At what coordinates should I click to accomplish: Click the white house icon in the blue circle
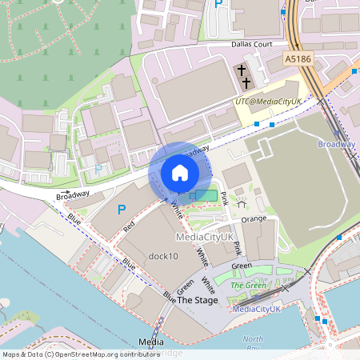coord(179,172)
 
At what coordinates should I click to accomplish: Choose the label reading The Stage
coord(197,299)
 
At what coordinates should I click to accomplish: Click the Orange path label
coord(254,218)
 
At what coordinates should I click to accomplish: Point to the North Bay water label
coord(253,342)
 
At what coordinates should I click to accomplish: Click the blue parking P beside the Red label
coord(122,210)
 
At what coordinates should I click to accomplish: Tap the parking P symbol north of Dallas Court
coord(218,5)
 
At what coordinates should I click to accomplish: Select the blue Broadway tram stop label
coord(336,144)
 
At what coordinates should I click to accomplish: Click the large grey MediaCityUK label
coord(204,238)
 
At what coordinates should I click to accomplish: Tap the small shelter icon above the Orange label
coord(242,203)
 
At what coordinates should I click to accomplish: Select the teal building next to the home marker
coord(205,196)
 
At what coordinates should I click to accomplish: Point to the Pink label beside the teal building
coord(225,198)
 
